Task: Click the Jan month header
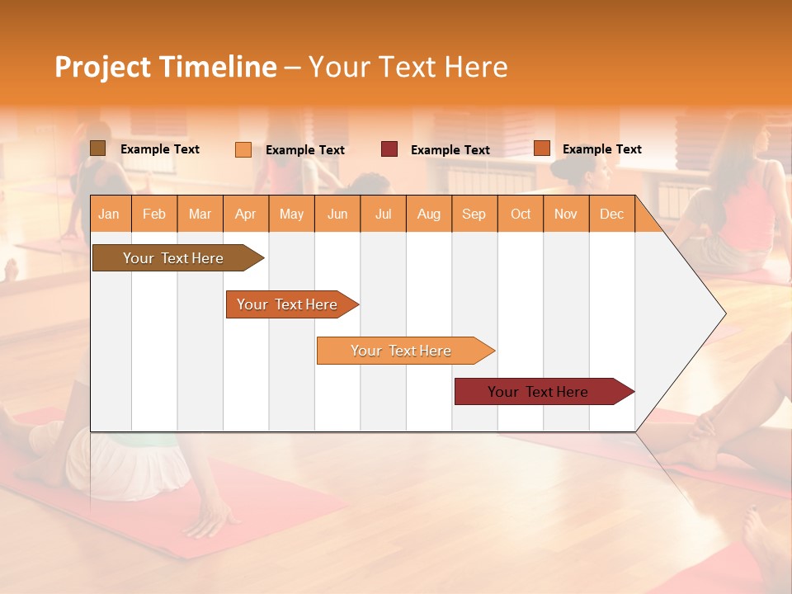click(x=109, y=214)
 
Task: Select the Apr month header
click(x=246, y=214)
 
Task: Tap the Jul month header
click(x=383, y=214)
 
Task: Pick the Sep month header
click(x=474, y=214)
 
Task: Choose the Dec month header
click(x=611, y=214)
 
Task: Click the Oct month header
click(x=521, y=214)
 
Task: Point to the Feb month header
click(x=154, y=214)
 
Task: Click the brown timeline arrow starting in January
click(x=173, y=258)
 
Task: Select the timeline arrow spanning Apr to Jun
click(x=287, y=304)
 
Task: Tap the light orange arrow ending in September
click(x=401, y=351)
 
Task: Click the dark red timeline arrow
click(x=538, y=392)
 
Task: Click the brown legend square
click(x=97, y=148)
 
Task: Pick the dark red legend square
click(x=389, y=149)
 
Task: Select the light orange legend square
click(x=243, y=149)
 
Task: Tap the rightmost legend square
click(x=542, y=148)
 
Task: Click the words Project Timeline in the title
click(x=165, y=67)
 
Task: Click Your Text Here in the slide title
click(x=408, y=67)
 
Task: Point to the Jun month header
click(x=337, y=214)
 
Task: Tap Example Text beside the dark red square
click(x=450, y=149)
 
